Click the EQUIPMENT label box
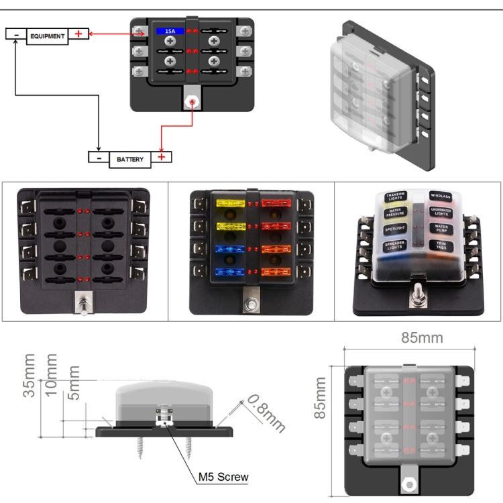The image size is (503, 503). point(47,36)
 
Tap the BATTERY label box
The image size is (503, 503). point(130,159)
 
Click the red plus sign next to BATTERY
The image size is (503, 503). point(162,158)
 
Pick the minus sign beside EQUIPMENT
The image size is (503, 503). point(15,34)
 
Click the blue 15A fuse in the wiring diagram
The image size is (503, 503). point(170,32)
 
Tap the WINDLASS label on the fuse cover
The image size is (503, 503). point(441,197)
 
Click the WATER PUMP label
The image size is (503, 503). point(441,229)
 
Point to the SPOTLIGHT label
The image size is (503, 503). point(395,229)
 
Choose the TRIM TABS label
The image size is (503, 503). point(441,245)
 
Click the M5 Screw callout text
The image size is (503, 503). point(223,478)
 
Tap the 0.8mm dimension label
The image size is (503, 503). point(265,412)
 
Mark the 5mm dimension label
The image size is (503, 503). point(73,382)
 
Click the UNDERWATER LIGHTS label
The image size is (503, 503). point(441,213)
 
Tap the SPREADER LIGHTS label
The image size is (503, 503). point(395,246)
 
